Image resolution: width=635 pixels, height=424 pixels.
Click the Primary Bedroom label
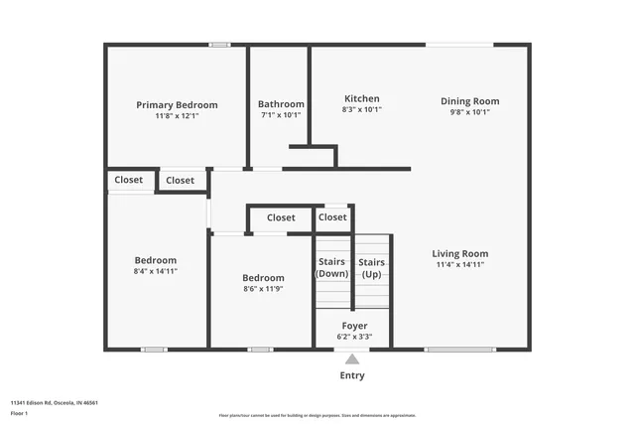point(177,105)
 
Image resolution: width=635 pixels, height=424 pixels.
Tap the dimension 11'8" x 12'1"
point(177,116)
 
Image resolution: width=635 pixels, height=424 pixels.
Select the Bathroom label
point(281,104)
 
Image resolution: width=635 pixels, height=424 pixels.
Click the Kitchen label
point(361,99)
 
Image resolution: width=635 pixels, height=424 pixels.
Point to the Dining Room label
point(470,101)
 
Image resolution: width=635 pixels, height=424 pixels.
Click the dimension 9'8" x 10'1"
point(470,112)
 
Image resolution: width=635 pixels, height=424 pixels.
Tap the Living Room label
point(462,254)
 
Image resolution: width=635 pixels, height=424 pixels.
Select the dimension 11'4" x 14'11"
point(462,265)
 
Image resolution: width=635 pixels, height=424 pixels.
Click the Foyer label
point(355,326)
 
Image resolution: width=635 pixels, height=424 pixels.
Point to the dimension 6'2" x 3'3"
point(355,337)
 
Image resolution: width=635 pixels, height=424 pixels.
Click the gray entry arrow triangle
point(352,359)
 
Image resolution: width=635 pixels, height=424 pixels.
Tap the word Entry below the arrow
point(352,375)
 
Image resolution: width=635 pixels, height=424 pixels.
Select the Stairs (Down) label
point(331,268)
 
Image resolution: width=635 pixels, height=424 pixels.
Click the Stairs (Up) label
point(372,268)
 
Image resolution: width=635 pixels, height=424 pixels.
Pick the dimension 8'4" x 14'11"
point(156,271)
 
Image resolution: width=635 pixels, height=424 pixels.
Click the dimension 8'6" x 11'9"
point(263,289)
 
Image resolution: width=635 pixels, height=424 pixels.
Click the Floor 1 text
point(20,412)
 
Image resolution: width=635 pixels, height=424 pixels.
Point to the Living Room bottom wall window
point(460,349)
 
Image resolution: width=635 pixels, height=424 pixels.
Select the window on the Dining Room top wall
point(459,44)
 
